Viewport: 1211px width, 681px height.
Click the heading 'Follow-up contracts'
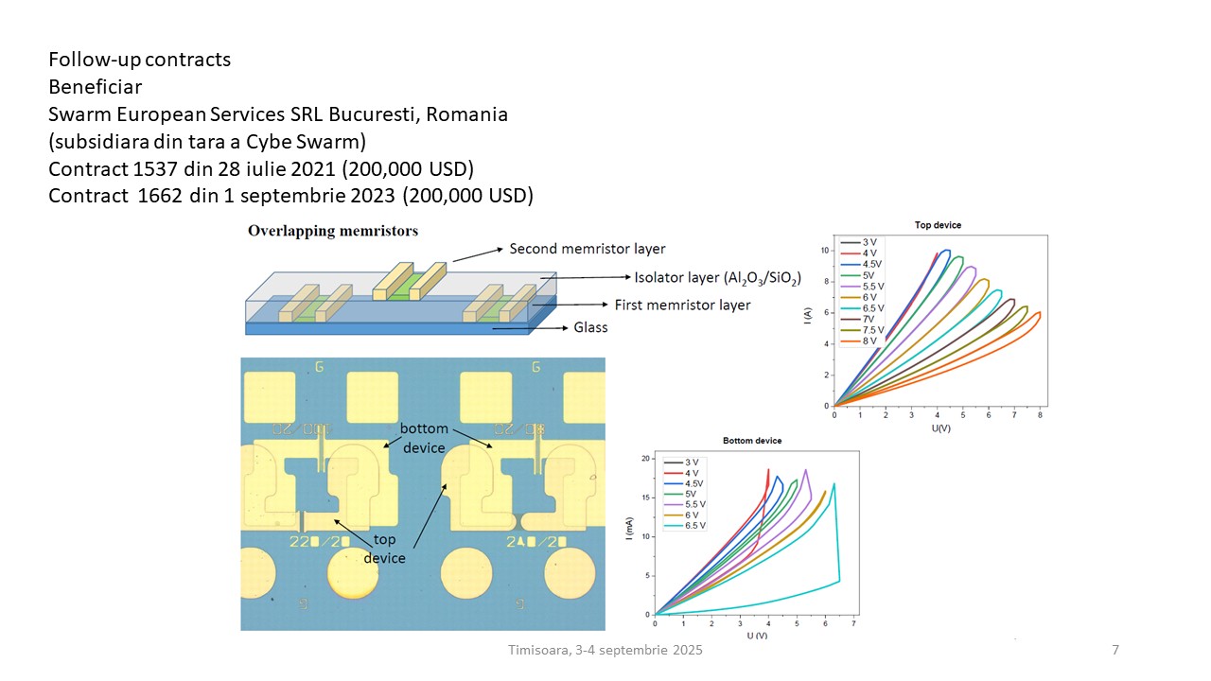click(140, 60)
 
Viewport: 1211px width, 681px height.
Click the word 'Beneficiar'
click(96, 87)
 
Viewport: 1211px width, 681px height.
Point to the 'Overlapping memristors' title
click(333, 231)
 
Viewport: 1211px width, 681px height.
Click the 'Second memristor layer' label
click(587, 249)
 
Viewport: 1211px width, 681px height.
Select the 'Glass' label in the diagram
click(590, 327)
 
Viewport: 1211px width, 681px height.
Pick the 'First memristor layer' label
click(682, 305)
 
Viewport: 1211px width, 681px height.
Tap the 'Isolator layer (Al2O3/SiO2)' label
click(717, 277)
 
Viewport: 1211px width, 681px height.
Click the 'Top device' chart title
click(938, 225)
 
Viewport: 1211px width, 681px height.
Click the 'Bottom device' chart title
click(752, 441)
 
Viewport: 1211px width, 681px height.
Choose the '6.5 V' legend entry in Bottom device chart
click(693, 526)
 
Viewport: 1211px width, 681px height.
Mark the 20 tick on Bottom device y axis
click(646, 459)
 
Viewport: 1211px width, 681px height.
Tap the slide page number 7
click(1115, 651)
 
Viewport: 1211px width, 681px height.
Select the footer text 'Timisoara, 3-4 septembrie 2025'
click(605, 651)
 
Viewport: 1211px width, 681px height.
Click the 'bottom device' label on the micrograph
click(424, 438)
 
